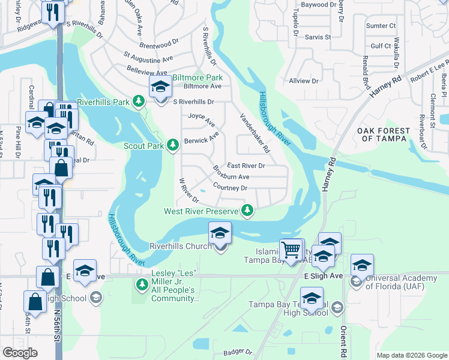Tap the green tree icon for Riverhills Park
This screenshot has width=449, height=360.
click(140, 101)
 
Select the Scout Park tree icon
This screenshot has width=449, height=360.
click(173, 145)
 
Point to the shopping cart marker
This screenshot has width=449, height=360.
click(291, 250)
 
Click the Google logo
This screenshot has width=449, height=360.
click(20, 353)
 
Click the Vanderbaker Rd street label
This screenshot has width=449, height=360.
click(256, 133)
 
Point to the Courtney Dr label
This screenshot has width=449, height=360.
click(231, 188)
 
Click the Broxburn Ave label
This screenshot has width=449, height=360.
click(231, 177)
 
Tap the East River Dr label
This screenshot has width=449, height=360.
click(246, 165)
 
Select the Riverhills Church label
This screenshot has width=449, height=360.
click(180, 246)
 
